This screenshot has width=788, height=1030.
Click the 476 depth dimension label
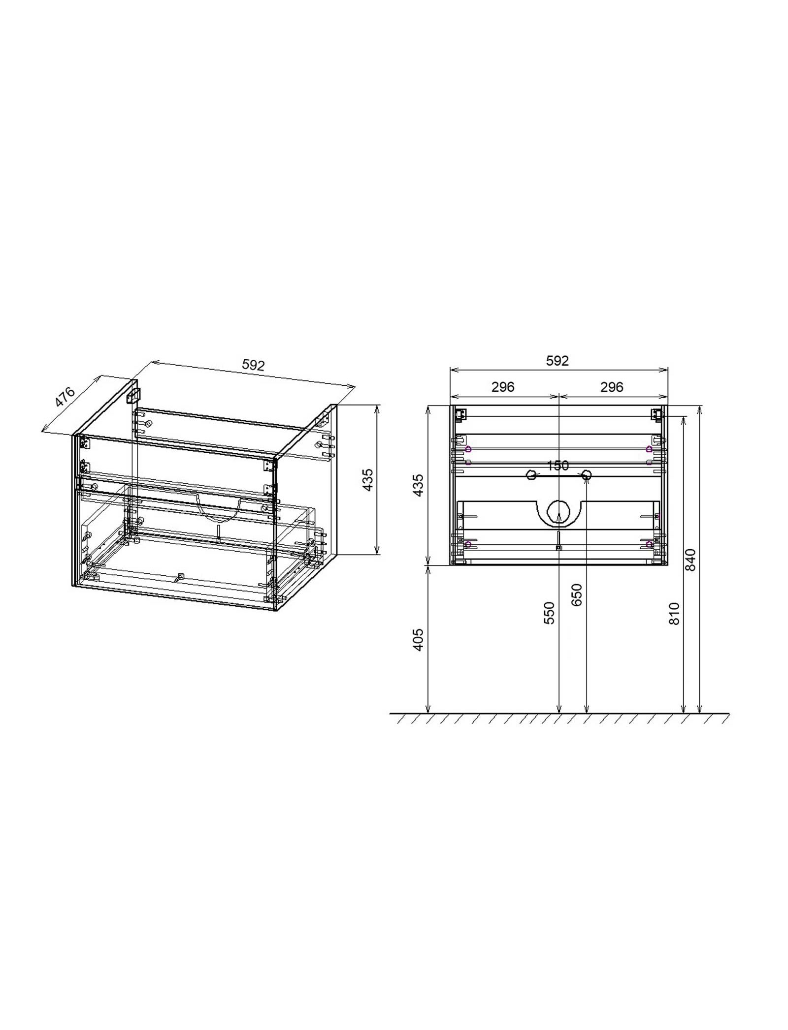pos(65,397)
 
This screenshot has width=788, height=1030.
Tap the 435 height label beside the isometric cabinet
pos(368,479)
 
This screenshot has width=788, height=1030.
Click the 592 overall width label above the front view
pos(558,361)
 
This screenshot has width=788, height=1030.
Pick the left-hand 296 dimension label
pos(503,387)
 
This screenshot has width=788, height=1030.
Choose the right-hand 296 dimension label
pos(612,387)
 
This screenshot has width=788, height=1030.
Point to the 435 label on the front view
pos(418,485)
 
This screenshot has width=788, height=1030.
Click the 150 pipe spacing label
pos(558,466)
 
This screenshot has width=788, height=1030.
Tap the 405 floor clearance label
pos(418,640)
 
